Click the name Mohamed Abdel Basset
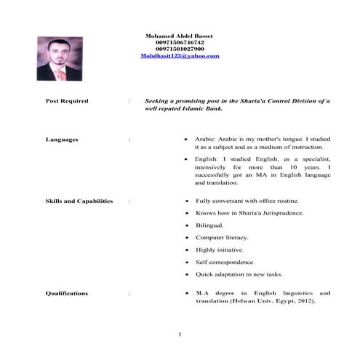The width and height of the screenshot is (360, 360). tap(180, 35)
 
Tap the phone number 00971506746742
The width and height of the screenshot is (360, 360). tap(180, 42)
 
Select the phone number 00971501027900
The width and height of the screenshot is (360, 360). tap(180, 49)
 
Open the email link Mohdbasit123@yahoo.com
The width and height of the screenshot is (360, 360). tap(180, 55)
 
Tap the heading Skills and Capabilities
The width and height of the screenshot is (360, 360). tap(79, 200)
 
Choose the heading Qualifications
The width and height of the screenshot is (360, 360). tap(67, 293)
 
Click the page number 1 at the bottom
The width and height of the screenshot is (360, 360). tap(178, 334)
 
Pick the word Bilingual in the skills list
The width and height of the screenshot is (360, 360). tap(212, 225)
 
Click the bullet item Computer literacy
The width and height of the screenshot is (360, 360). tap(222, 237)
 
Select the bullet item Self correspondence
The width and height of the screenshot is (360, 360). tap(225, 262)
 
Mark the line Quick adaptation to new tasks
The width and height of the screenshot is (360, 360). tap(239, 274)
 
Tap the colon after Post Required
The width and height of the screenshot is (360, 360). tap(129, 102)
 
